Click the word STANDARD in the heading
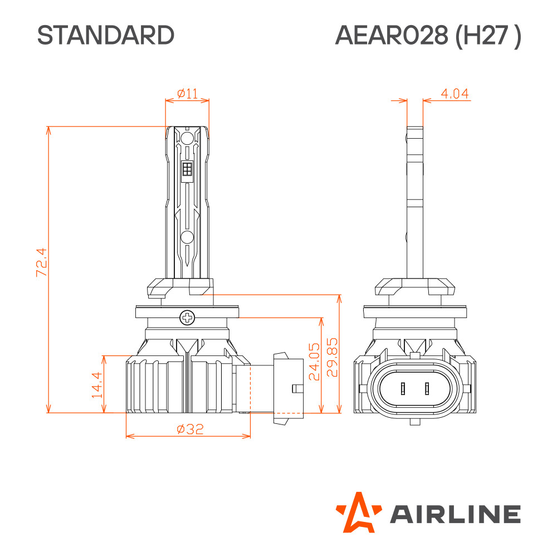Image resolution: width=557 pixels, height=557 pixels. pos(105,35)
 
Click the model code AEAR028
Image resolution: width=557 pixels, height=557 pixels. pos(392,35)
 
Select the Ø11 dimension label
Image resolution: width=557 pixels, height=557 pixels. pos(187,94)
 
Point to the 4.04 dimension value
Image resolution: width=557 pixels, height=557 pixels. pos(455,94)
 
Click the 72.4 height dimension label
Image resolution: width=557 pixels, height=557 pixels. pos(42,262)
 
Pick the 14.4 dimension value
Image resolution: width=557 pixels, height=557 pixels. pos(97,385)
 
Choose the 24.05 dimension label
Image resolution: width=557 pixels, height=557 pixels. pos(314,361)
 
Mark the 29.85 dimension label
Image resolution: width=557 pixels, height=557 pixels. pos(332,357)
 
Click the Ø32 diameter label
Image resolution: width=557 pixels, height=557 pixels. pos(190,429)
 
